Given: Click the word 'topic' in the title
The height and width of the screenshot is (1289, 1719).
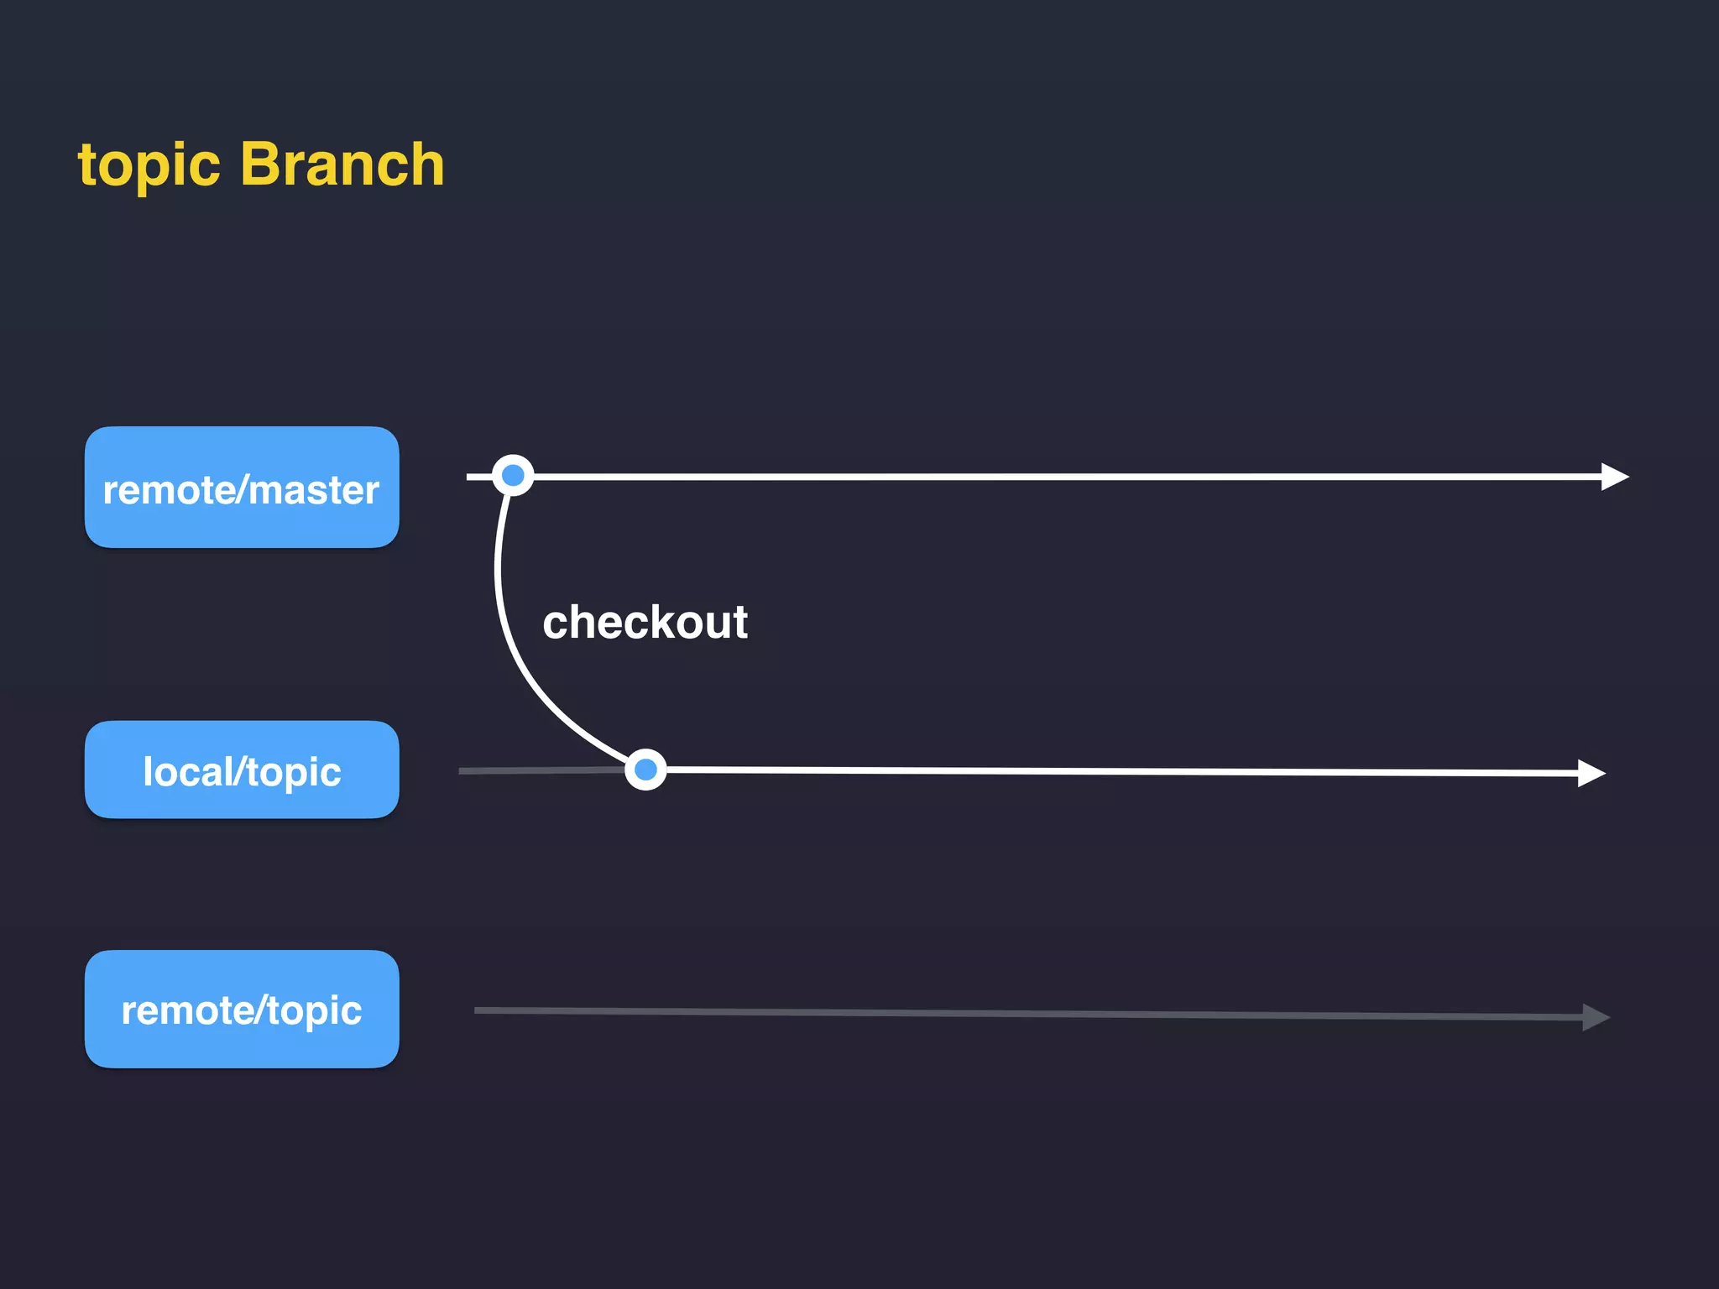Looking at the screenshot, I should [x=149, y=165].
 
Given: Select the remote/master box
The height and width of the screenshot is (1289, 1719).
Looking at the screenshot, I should [x=242, y=488].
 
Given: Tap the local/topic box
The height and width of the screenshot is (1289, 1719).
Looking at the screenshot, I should [x=242, y=770].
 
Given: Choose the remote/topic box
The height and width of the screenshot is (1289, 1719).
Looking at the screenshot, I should [x=242, y=1009].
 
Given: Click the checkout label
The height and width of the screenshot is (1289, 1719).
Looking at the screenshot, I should [x=645, y=622].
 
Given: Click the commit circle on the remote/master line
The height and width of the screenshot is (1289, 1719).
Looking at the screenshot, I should [x=513, y=476].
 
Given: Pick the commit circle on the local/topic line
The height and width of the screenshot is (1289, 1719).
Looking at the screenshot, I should [x=645, y=770].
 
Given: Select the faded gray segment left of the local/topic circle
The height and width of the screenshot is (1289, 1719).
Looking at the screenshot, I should [x=537, y=770].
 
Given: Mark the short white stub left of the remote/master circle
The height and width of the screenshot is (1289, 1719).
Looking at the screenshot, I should [x=478, y=477].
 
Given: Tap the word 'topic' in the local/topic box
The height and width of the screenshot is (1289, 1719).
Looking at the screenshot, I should [x=294, y=773].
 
